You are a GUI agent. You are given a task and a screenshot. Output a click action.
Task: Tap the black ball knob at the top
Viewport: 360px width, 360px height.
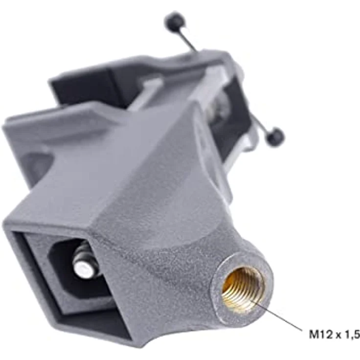(x=175, y=21)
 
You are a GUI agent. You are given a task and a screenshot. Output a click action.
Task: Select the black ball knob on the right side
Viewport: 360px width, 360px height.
(x=274, y=137)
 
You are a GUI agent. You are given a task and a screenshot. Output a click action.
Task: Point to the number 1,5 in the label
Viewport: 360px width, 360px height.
(x=351, y=335)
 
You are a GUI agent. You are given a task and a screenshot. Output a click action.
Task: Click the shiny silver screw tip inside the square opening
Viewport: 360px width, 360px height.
(x=83, y=269)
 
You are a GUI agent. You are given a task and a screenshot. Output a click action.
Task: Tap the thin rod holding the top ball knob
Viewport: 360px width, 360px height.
(x=188, y=41)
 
